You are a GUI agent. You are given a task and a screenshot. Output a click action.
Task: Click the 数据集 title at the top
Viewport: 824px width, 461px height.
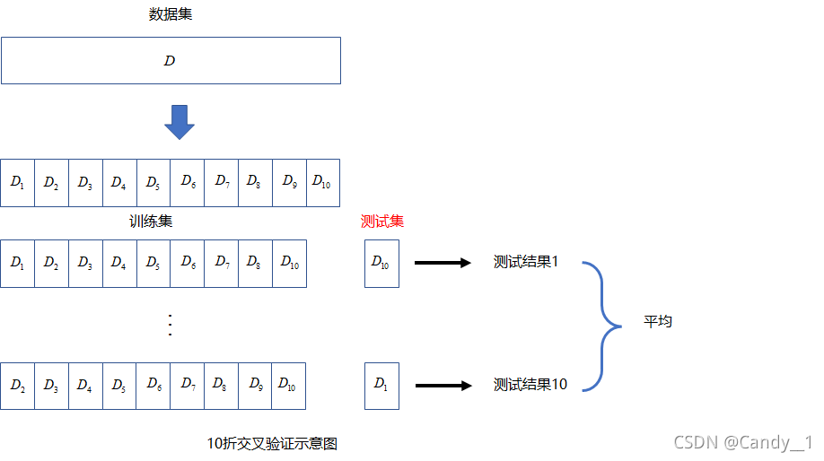[171, 14]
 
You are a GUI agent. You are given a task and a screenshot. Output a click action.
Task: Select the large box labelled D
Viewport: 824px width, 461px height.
[171, 61]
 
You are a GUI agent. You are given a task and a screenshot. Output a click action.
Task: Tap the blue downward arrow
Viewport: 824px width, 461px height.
[180, 122]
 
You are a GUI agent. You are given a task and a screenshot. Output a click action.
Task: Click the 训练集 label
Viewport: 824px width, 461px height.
[151, 221]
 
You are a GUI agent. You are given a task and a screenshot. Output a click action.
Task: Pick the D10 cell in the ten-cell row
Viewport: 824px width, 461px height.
[322, 183]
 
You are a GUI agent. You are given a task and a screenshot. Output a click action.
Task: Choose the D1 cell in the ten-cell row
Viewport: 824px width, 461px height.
[18, 183]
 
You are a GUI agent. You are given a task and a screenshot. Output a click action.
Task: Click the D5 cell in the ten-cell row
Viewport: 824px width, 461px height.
[153, 183]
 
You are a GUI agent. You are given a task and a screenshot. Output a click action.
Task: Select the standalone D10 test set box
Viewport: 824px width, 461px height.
[381, 263]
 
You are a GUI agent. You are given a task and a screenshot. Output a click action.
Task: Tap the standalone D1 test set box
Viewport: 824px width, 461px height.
[381, 386]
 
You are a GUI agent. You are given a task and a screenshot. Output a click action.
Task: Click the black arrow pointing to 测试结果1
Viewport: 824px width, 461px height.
[443, 263]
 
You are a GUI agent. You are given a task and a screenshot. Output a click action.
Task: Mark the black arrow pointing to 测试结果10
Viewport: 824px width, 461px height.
[443, 386]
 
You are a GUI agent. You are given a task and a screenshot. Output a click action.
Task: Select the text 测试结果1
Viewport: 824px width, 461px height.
[526, 262]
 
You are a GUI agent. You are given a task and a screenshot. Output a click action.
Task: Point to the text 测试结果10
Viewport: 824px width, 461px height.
[530, 385]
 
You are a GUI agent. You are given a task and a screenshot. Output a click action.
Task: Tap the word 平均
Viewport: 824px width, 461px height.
[658, 321]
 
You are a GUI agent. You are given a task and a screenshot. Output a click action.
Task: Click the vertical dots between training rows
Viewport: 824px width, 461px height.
[171, 325]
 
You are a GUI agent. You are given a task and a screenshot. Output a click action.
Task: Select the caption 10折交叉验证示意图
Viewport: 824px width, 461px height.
[272, 443]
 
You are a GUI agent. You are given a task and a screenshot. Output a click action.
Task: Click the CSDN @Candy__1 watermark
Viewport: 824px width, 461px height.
[742, 442]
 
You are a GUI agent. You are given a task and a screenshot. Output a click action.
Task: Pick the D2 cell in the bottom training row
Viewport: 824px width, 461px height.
[18, 386]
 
